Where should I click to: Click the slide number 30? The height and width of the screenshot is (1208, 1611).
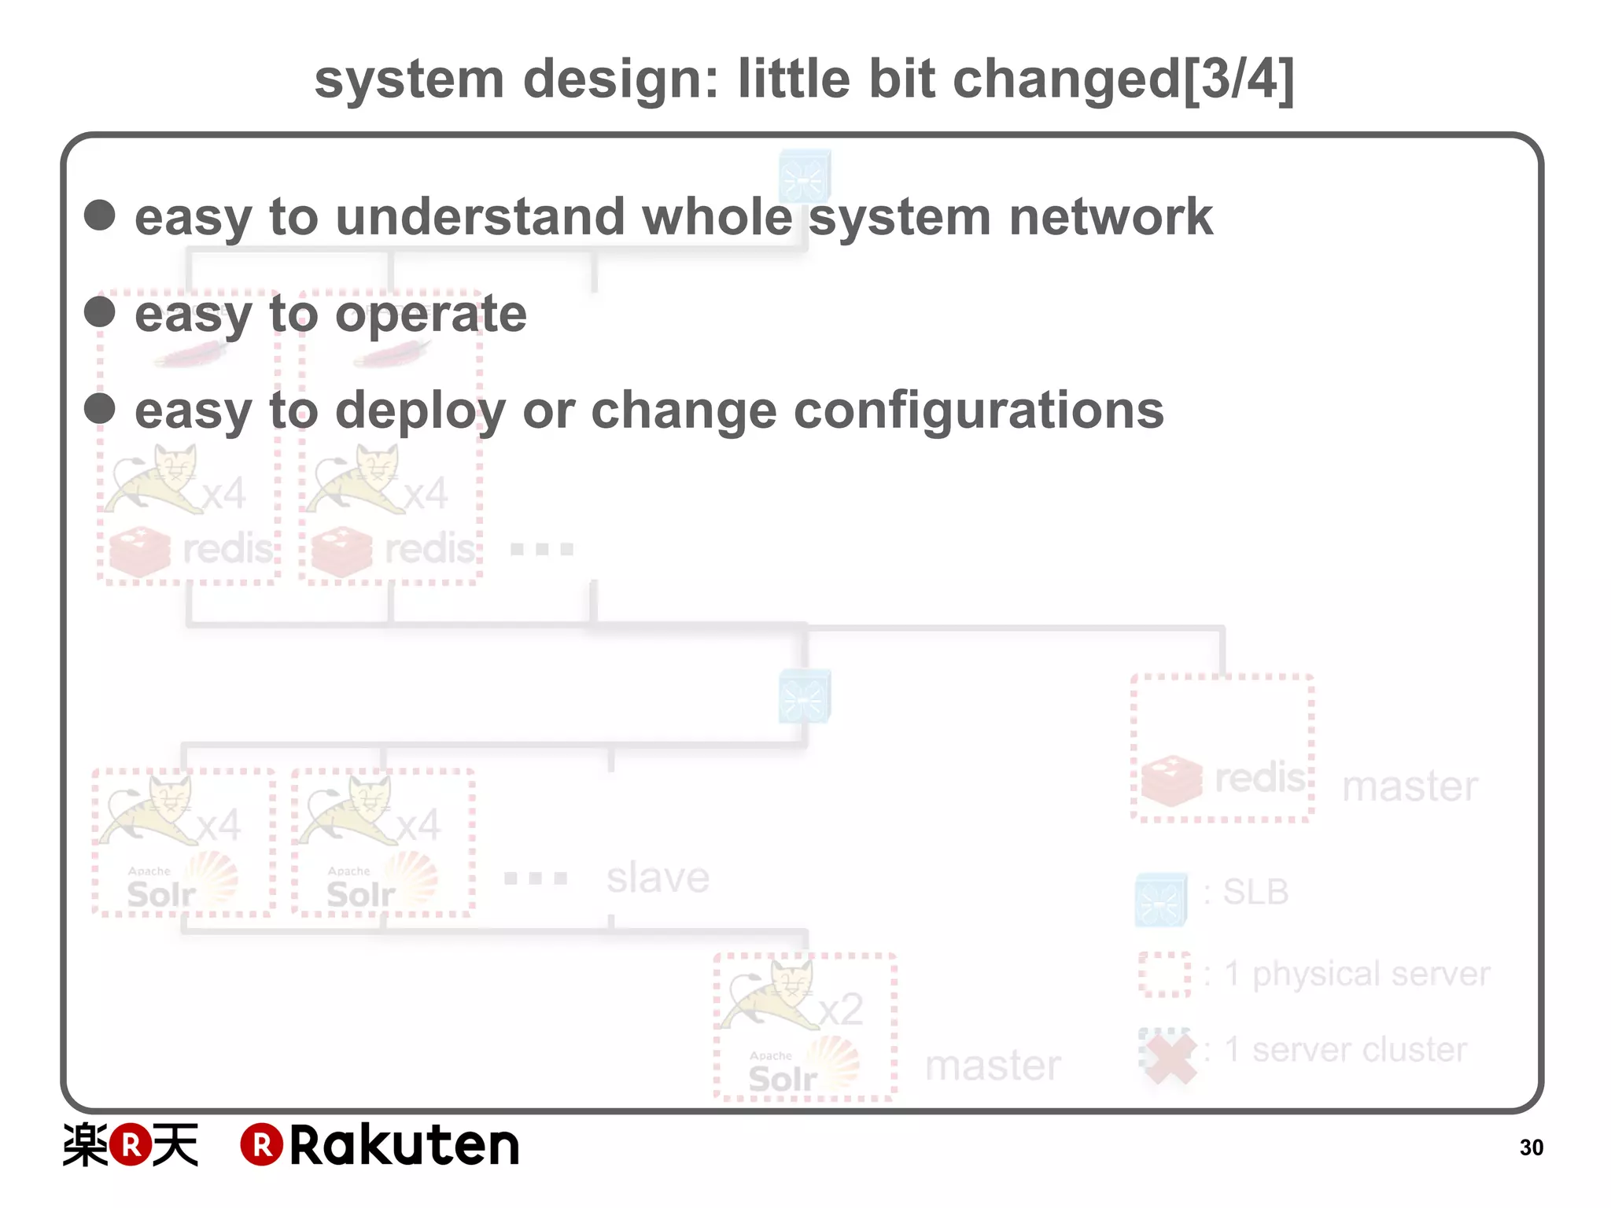[x=1531, y=1147]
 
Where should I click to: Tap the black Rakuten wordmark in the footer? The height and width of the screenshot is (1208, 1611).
[x=404, y=1145]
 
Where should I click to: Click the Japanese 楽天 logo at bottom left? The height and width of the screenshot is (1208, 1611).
[x=131, y=1145]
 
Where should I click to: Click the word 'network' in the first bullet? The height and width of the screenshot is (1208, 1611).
[x=1111, y=217]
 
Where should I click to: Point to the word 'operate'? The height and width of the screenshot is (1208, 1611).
[x=431, y=315]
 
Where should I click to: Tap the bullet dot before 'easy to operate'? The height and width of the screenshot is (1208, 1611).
[x=100, y=311]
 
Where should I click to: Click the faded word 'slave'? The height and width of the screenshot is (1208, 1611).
[x=658, y=878]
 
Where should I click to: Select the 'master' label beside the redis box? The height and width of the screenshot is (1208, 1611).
[x=1410, y=786]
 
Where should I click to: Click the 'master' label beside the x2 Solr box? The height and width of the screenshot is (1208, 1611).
[x=993, y=1066]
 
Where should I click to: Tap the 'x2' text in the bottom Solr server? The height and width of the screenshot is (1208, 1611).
[x=841, y=1009]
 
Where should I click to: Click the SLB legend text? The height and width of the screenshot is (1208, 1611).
[x=1255, y=893]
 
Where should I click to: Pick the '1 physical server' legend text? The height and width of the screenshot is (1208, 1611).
[x=1357, y=974]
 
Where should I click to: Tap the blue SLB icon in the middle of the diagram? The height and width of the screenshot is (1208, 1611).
[x=804, y=697]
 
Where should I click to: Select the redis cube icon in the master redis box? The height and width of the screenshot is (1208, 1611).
[x=1172, y=780]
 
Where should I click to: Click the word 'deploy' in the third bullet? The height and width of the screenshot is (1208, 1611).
[x=420, y=411]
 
